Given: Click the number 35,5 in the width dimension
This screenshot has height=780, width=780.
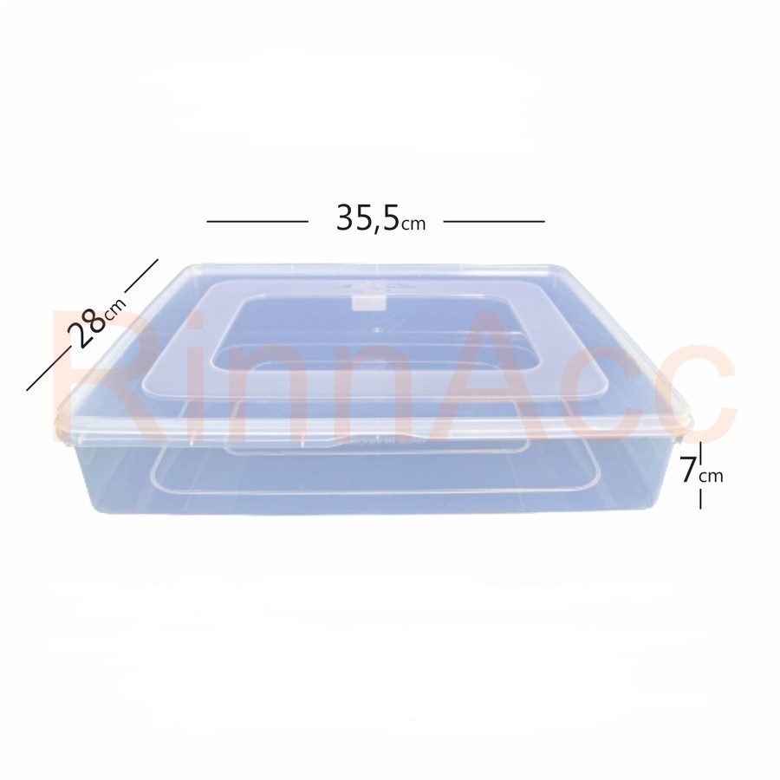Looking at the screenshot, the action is click(x=367, y=218).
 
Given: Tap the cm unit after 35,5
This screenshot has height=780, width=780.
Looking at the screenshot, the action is click(x=414, y=224).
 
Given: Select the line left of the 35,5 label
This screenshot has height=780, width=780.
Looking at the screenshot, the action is click(x=257, y=221).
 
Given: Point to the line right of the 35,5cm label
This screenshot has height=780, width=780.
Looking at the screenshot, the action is click(x=494, y=221).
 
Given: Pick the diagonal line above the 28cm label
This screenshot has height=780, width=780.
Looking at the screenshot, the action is click(x=140, y=275).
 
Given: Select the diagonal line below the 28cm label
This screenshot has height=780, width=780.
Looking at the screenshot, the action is click(x=46, y=369).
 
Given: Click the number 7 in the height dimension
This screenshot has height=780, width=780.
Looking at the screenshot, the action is click(x=688, y=470).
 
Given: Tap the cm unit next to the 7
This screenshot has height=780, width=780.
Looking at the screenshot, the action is click(x=712, y=477).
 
